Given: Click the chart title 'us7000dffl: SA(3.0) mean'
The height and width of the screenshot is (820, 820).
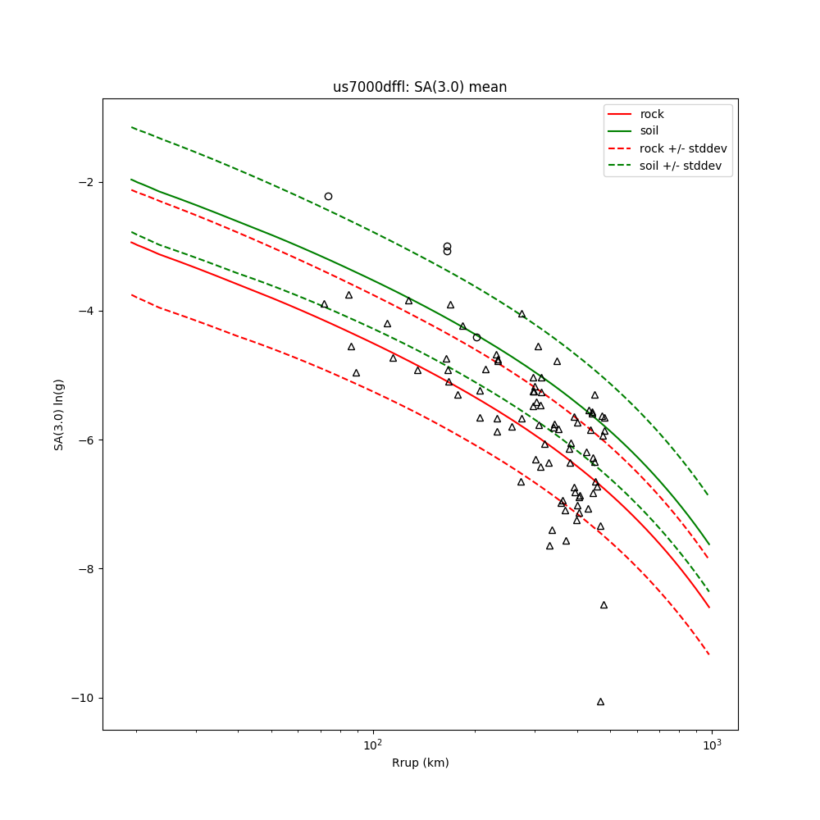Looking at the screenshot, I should (x=420, y=87).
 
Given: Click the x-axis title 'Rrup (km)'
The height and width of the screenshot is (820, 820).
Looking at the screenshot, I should (x=420, y=763).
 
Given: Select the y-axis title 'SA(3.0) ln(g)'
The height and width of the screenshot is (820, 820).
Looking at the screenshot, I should (x=59, y=414).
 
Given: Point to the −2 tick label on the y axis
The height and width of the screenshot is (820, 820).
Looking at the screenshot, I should (x=87, y=182).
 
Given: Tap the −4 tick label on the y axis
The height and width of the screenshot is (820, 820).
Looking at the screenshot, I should (x=87, y=311).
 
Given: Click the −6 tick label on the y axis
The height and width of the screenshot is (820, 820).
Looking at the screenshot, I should (x=87, y=440).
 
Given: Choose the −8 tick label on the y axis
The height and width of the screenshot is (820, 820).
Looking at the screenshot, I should (x=87, y=569).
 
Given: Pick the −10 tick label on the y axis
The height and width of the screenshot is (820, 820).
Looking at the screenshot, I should (x=84, y=698).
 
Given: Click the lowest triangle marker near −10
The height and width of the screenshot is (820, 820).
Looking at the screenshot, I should (x=600, y=701).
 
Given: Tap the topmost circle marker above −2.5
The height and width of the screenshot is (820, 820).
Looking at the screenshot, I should (x=328, y=196).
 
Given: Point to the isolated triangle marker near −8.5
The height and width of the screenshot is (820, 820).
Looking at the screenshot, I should (x=604, y=604).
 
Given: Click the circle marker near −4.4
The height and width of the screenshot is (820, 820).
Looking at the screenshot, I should (x=476, y=337).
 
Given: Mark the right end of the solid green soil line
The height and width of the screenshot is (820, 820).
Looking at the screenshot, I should (x=709, y=544).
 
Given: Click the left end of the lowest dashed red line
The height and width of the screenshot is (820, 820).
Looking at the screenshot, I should (x=131, y=294).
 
